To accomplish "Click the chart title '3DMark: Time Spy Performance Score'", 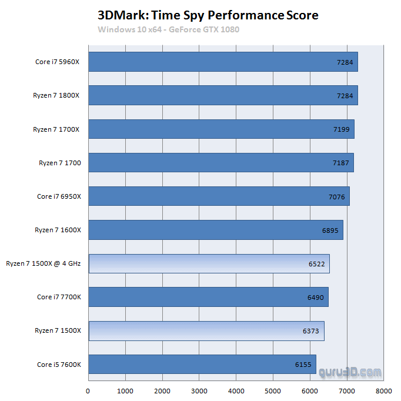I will (x=204, y=15).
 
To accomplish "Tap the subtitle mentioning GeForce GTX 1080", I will (x=169, y=29).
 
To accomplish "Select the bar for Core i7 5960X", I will (x=223, y=62).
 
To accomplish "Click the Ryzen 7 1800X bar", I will (x=223, y=95).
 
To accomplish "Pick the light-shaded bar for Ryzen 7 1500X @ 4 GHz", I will (x=209, y=263).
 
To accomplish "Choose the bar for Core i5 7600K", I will (x=202, y=364).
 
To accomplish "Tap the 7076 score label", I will (x=336, y=196).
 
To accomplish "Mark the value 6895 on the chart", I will (x=330, y=230).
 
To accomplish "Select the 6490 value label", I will (x=315, y=298).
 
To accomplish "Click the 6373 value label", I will (x=311, y=331).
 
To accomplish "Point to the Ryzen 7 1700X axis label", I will (x=57, y=129).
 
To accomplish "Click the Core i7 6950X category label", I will (x=59, y=196).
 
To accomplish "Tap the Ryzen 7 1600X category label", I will (x=57, y=230).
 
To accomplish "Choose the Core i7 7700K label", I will (x=59, y=297).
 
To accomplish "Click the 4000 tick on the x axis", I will (x=236, y=390).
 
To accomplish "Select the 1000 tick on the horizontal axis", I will (x=125, y=390).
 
